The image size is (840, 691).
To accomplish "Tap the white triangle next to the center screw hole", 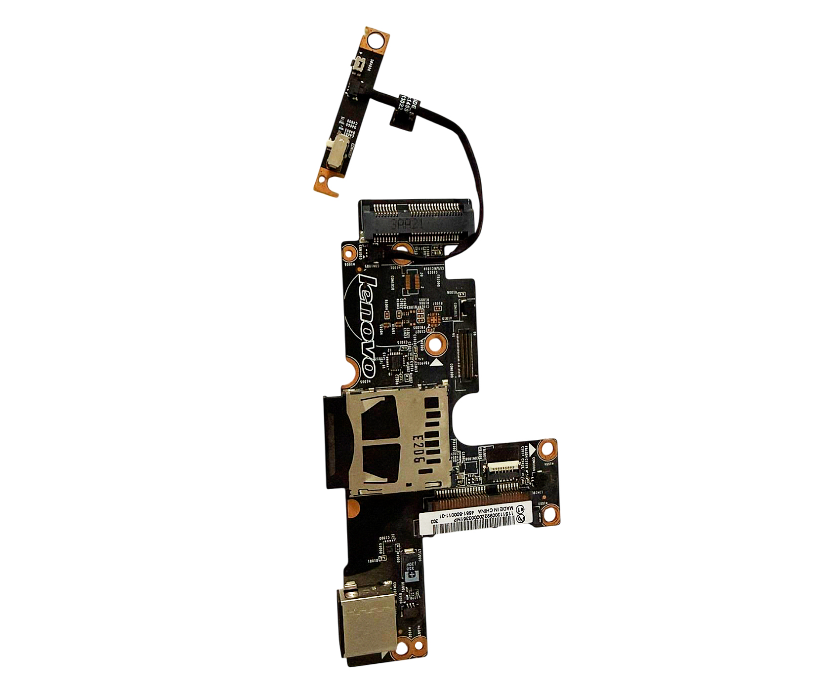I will point(436,363).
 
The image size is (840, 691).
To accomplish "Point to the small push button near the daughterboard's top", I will point(359,65).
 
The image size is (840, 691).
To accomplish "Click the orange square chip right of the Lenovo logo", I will point(434,319).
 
